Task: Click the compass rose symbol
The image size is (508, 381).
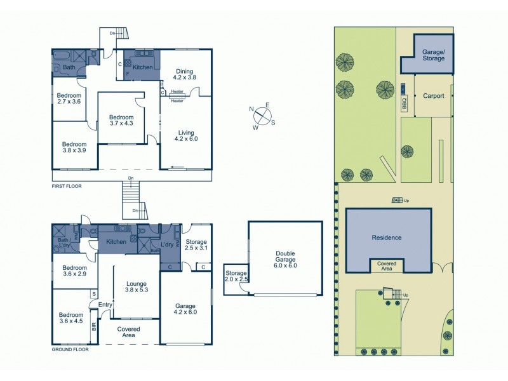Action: (x=263, y=117)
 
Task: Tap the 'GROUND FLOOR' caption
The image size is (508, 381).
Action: (x=70, y=349)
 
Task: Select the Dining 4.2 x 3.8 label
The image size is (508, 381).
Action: (x=185, y=74)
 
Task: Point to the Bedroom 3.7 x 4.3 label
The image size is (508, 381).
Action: (x=121, y=121)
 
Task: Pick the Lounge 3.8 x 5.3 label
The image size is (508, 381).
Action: (x=136, y=288)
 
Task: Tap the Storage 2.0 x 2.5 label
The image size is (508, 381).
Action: (x=234, y=276)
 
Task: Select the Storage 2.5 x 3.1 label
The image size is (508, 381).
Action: (x=196, y=244)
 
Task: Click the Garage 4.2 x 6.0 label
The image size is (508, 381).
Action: (x=185, y=309)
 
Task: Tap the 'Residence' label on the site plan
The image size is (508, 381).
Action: (x=387, y=237)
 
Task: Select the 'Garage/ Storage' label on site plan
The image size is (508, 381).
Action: (x=434, y=55)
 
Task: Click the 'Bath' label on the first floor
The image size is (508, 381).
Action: (x=69, y=67)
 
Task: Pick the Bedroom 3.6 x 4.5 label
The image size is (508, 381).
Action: (x=70, y=317)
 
